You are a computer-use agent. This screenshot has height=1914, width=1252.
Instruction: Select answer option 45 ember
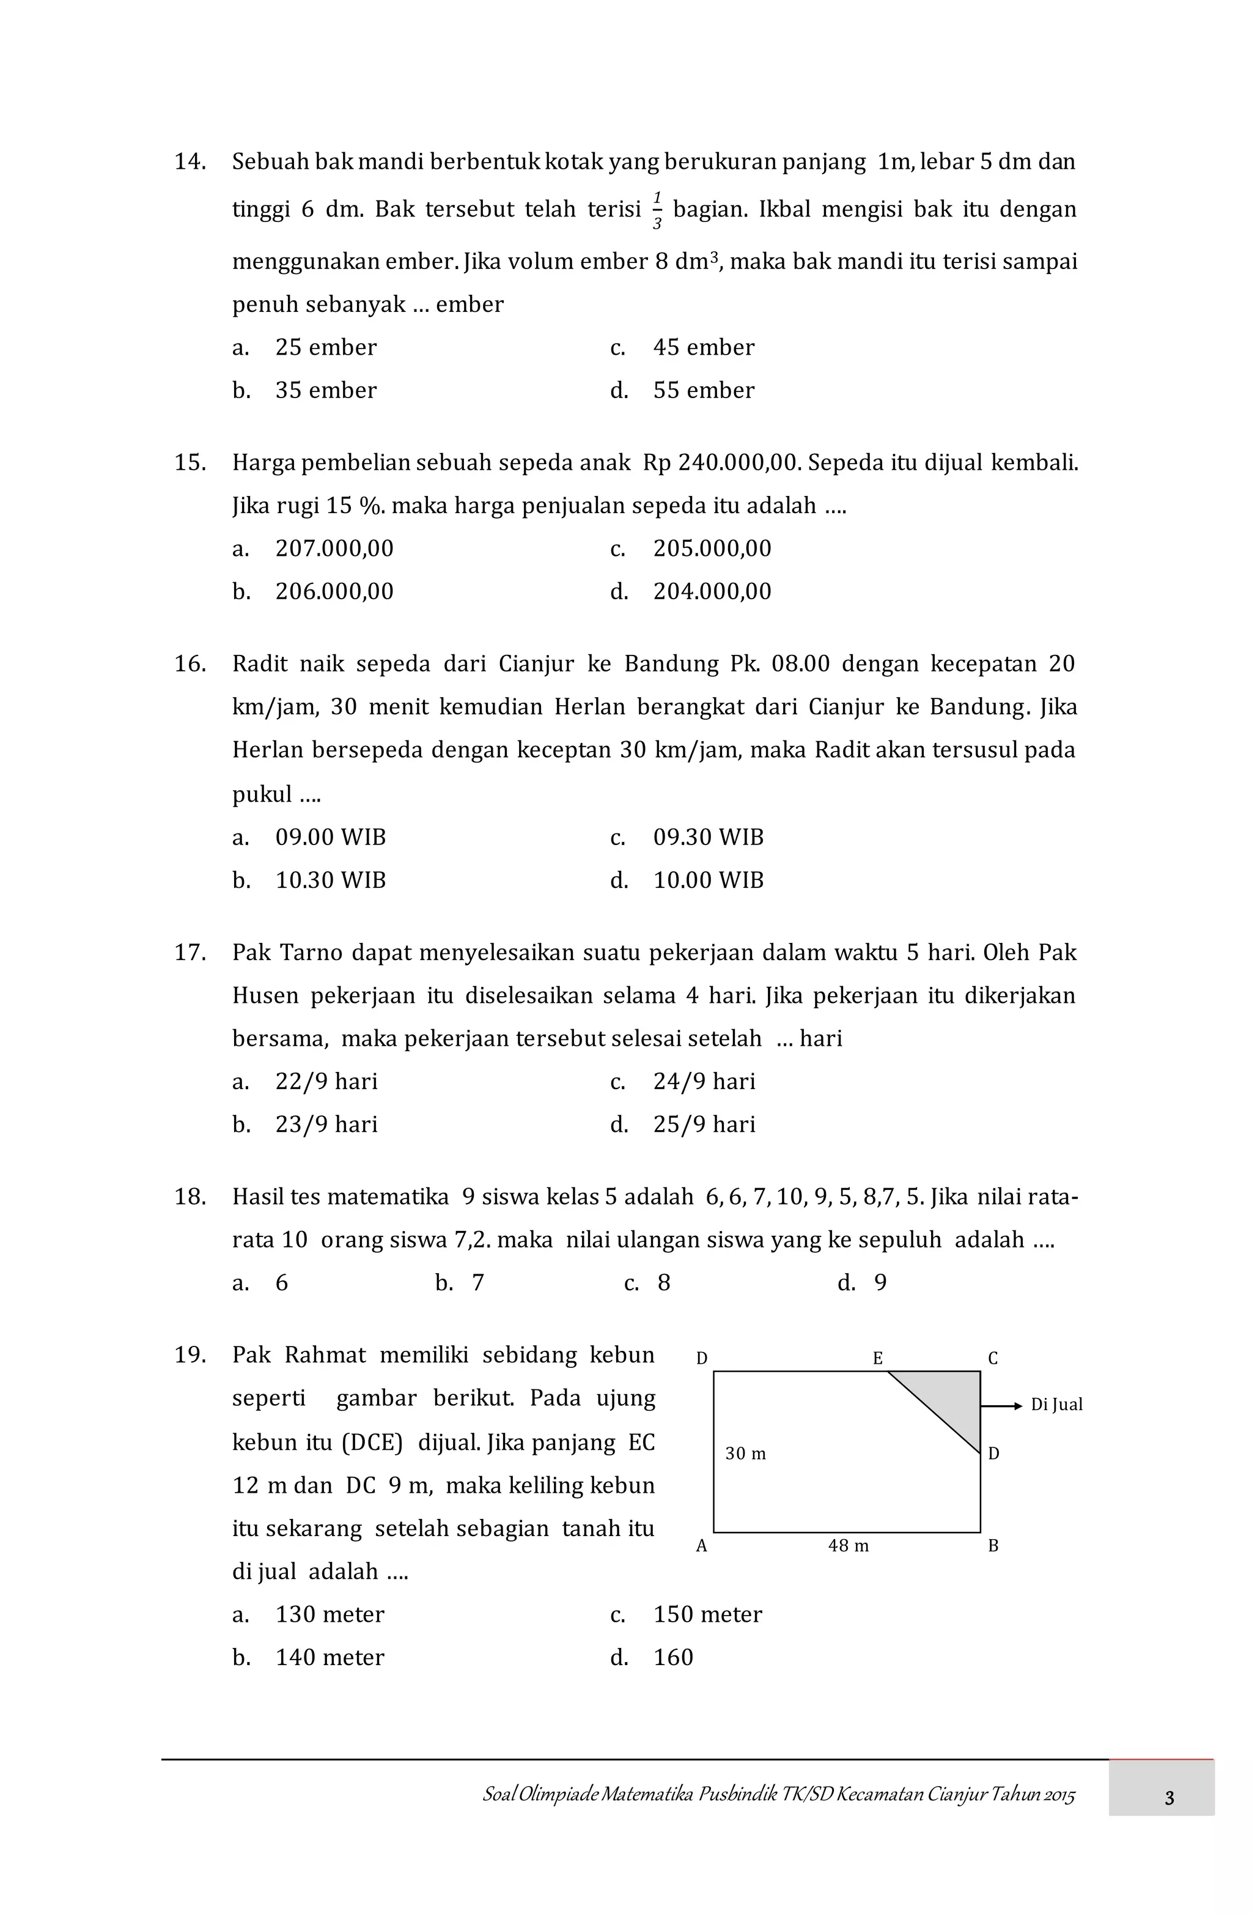click(x=703, y=347)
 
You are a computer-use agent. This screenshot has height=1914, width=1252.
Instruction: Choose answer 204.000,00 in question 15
click(x=711, y=591)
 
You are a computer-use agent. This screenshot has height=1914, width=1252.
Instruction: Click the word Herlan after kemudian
click(x=589, y=707)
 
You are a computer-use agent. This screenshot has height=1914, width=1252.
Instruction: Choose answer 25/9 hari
click(x=704, y=1125)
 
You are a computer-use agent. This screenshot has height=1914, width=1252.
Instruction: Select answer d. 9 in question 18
click(x=879, y=1283)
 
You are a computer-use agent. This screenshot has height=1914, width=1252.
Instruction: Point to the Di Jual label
click(x=1056, y=1405)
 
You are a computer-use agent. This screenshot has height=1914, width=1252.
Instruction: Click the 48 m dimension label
click(x=849, y=1546)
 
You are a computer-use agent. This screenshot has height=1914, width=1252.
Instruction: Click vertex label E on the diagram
click(x=877, y=1358)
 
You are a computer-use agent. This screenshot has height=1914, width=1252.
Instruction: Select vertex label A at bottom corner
click(x=701, y=1546)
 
